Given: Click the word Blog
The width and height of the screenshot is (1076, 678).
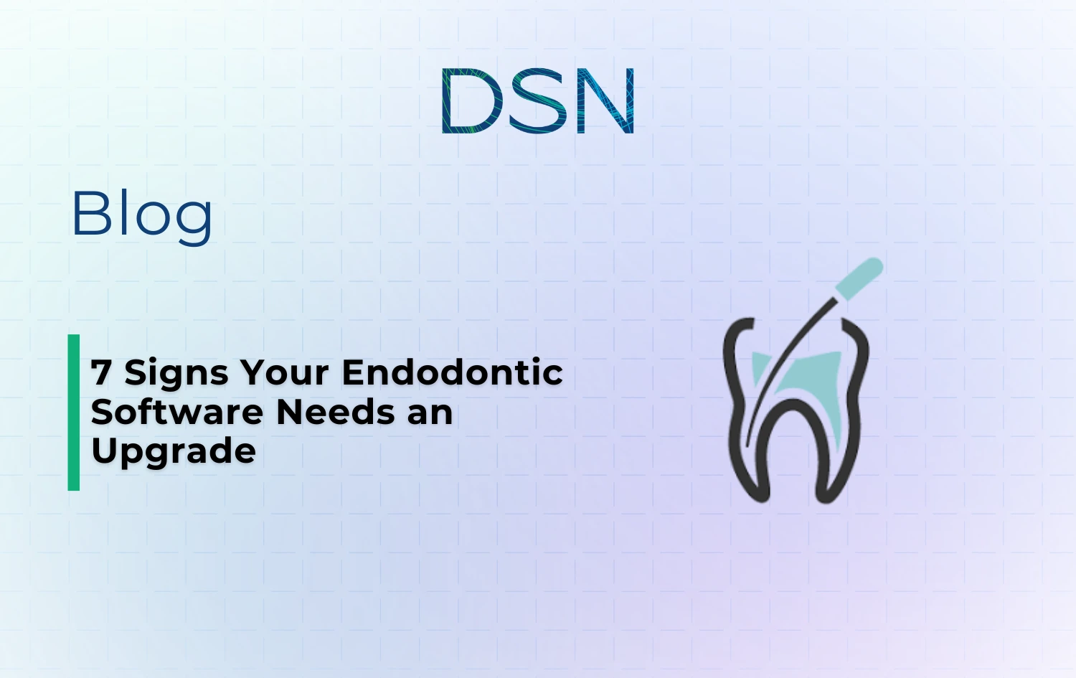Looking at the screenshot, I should pyautogui.click(x=142, y=214).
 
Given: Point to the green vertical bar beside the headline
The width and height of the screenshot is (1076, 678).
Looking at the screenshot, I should pyautogui.click(x=74, y=413).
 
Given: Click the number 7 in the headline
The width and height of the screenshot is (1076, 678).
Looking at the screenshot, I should pyautogui.click(x=101, y=373).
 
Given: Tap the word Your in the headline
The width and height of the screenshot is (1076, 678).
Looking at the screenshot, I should pyautogui.click(x=284, y=373).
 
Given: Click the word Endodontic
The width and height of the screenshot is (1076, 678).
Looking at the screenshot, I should pyautogui.click(x=452, y=373).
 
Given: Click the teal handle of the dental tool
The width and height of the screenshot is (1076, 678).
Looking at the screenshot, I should pyautogui.click(x=860, y=279).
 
